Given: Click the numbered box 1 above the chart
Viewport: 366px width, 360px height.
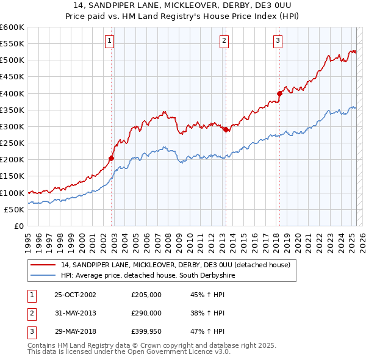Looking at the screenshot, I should pos(109,41).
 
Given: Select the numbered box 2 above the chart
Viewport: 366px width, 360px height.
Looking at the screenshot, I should pos(224,41).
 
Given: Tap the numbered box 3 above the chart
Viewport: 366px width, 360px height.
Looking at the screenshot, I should pos(278,41).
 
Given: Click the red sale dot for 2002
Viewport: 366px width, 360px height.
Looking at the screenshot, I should pos(112,158).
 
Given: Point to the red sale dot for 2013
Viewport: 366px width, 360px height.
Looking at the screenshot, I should pos(226,129).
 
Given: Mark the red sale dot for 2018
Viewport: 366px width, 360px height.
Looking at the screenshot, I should pos(280,93).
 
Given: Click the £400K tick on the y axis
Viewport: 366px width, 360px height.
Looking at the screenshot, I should pos(12,93).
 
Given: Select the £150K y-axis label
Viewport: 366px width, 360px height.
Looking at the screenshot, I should pos(12,176).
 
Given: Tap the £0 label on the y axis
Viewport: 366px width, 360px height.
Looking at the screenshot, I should pos(18,226).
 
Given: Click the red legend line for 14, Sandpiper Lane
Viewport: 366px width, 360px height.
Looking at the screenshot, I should pos(43,265).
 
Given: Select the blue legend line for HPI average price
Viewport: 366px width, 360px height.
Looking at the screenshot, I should pos(43,276).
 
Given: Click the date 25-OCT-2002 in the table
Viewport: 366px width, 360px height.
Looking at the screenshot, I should pos(75,295).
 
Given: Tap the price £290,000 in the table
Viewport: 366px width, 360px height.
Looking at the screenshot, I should pos(146,312).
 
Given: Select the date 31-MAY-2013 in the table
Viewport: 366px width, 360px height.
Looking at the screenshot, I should pos(75,312).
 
